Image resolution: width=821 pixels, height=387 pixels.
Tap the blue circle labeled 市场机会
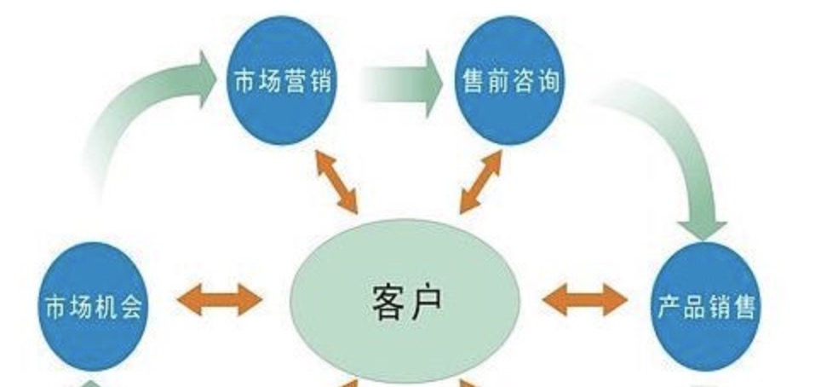[95, 304]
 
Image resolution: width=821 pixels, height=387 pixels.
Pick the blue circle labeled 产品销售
[707, 304]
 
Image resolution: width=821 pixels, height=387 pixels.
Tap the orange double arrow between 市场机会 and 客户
[220, 299]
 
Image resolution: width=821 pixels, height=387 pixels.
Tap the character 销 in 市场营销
[321, 83]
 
